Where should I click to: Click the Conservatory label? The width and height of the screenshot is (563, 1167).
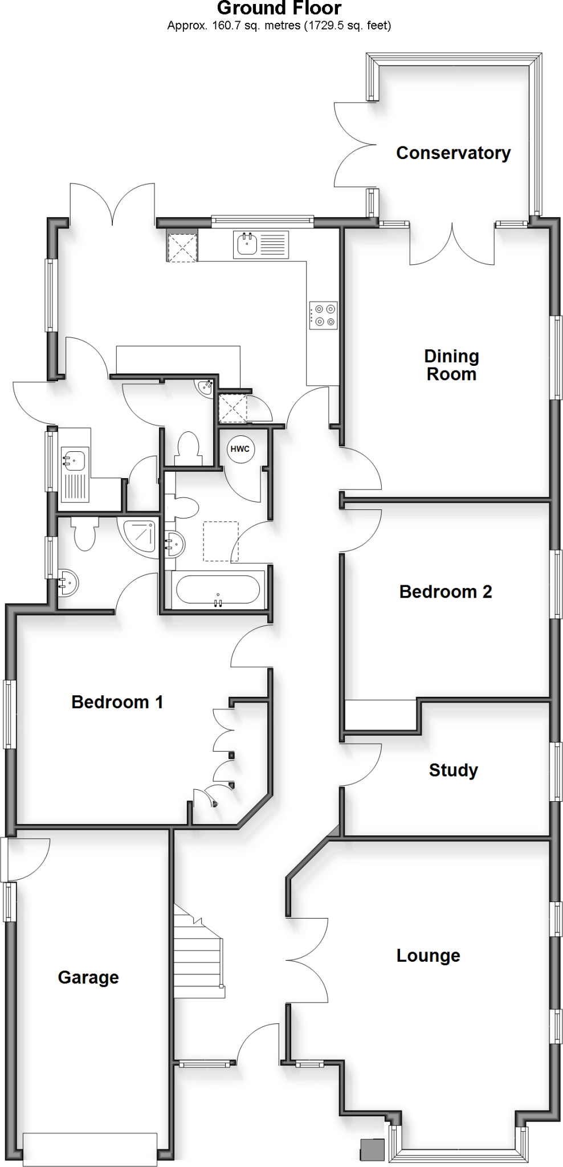pyautogui.click(x=453, y=153)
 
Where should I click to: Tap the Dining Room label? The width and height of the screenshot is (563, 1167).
pyautogui.click(x=451, y=365)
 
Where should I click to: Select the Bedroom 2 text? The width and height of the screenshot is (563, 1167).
pyautogui.click(x=446, y=591)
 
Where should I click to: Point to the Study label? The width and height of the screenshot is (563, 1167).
pyautogui.click(x=453, y=770)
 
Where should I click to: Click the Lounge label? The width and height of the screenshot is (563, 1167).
pyautogui.click(x=428, y=955)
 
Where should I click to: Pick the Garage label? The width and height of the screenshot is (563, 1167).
pyautogui.click(x=88, y=977)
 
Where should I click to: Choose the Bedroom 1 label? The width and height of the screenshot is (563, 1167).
pyautogui.click(x=117, y=701)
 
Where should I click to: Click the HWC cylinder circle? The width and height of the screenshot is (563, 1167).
pyautogui.click(x=240, y=449)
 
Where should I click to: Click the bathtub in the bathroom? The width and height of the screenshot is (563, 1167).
pyautogui.click(x=218, y=589)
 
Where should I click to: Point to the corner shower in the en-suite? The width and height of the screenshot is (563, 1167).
pyautogui.click(x=140, y=535)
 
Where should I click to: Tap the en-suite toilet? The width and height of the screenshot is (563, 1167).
pyautogui.click(x=85, y=533)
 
